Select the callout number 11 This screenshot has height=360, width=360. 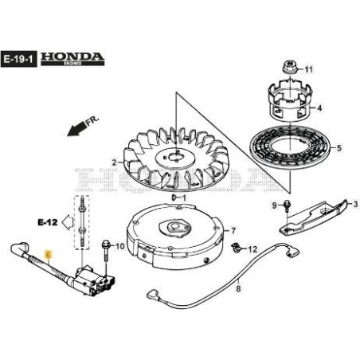[x=311, y=69]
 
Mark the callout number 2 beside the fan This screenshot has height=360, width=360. [x=114, y=162]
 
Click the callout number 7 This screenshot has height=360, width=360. [x=234, y=232]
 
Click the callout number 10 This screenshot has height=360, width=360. [x=119, y=247]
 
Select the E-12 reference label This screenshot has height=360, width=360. [x=47, y=216]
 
